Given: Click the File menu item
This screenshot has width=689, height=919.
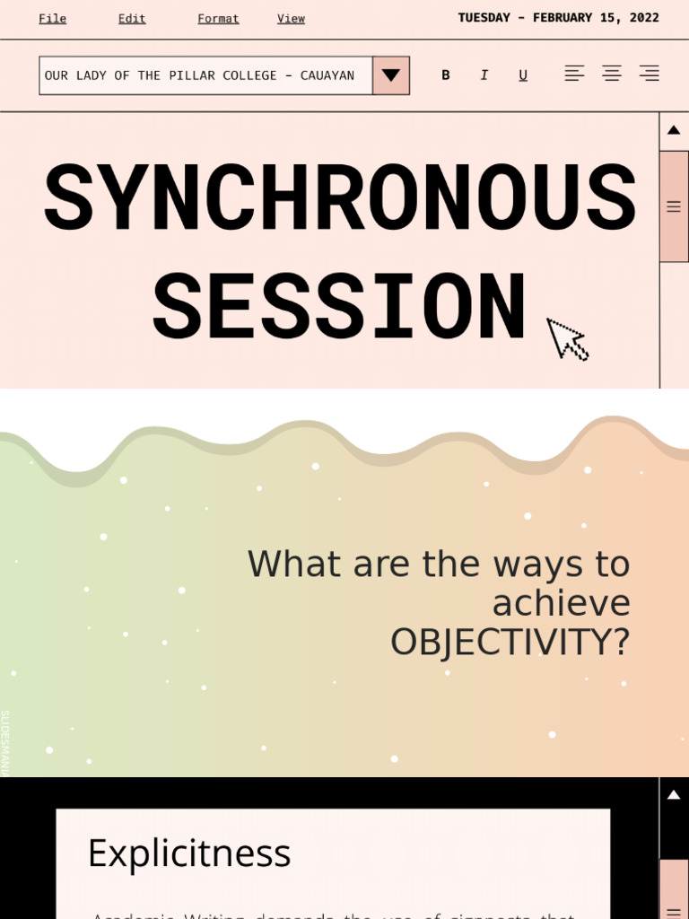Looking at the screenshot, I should pos(52,19).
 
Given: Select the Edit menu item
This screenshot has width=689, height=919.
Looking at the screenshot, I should pos(132,19).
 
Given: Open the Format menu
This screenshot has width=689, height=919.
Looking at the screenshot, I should pos(218,19).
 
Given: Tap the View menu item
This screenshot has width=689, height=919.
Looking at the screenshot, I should pos(291,19).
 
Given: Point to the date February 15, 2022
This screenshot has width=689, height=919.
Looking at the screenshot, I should pos(558,18).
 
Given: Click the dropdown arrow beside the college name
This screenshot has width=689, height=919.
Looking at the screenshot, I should pos(390,75).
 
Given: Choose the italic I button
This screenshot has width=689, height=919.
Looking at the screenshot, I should pos(484,75).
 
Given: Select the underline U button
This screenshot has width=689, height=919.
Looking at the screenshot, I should pos(523,75).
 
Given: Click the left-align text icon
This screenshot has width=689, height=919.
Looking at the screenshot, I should pos(574,74).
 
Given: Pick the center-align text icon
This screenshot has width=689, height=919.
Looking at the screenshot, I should pos(612,74).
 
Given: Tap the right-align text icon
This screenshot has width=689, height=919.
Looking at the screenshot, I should pos(649,74).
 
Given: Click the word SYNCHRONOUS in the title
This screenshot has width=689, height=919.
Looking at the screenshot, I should pos(340,199).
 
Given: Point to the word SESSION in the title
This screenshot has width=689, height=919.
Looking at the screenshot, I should pos(339,309).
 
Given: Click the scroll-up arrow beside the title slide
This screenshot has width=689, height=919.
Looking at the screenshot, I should pos(674,130).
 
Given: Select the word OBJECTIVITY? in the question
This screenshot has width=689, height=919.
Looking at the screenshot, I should pos(510,643).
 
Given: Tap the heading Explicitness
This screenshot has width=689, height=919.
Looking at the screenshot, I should pos(189,853).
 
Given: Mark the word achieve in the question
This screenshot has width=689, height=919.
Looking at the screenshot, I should pos(561,603).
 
